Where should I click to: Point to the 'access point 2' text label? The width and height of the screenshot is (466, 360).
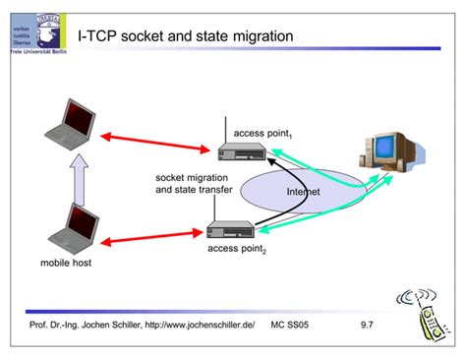[x=236, y=251]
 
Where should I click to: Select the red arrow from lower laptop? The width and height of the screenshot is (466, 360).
[x=148, y=238]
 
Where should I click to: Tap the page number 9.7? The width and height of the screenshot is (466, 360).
[x=368, y=325]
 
